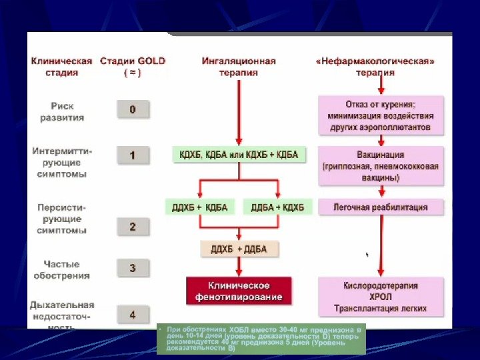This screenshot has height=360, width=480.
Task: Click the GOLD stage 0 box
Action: tap(133, 109)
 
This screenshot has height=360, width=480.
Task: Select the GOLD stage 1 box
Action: tap(133, 155)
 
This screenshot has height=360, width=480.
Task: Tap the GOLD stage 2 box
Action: tap(133, 227)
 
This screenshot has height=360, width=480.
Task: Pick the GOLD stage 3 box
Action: tap(133, 268)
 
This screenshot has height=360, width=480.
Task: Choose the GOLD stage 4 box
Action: tap(133, 314)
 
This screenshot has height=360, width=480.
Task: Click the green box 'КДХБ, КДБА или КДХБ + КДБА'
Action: tap(239, 155)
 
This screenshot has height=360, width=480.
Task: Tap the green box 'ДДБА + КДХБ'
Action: tap(277, 207)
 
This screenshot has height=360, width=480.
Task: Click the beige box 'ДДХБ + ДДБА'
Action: tap(239, 249)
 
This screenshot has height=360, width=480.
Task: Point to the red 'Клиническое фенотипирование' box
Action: tap(239, 291)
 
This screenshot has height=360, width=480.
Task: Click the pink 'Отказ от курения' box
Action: tap(380, 115)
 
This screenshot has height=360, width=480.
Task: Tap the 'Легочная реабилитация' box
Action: tap(380, 207)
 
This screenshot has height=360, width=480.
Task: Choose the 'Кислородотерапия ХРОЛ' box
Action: tap(381, 297)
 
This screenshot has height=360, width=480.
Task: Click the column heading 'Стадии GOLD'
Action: tap(133, 66)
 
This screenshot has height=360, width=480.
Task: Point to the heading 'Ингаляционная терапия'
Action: tap(239, 66)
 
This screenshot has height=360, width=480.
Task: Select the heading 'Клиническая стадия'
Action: tap(61, 66)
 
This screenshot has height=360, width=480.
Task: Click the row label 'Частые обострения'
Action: tap(62, 269)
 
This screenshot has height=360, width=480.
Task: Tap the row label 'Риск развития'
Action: tap(62, 111)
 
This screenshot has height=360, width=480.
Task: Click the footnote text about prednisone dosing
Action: tap(264, 339)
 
